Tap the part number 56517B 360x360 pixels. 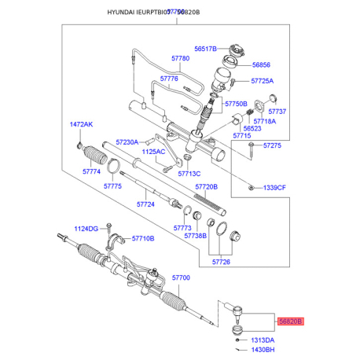(204, 48)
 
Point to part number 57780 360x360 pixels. (181, 59)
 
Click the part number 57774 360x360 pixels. (92, 171)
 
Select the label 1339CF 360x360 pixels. (276, 188)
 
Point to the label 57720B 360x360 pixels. (206, 187)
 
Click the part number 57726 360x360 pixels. (222, 262)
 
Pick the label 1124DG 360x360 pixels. (86, 229)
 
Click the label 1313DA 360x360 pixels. (263, 339)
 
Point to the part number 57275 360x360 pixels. (272, 145)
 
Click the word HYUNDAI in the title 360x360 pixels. (122, 12)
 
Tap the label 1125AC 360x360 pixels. (153, 152)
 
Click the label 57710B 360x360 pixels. (143, 238)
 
